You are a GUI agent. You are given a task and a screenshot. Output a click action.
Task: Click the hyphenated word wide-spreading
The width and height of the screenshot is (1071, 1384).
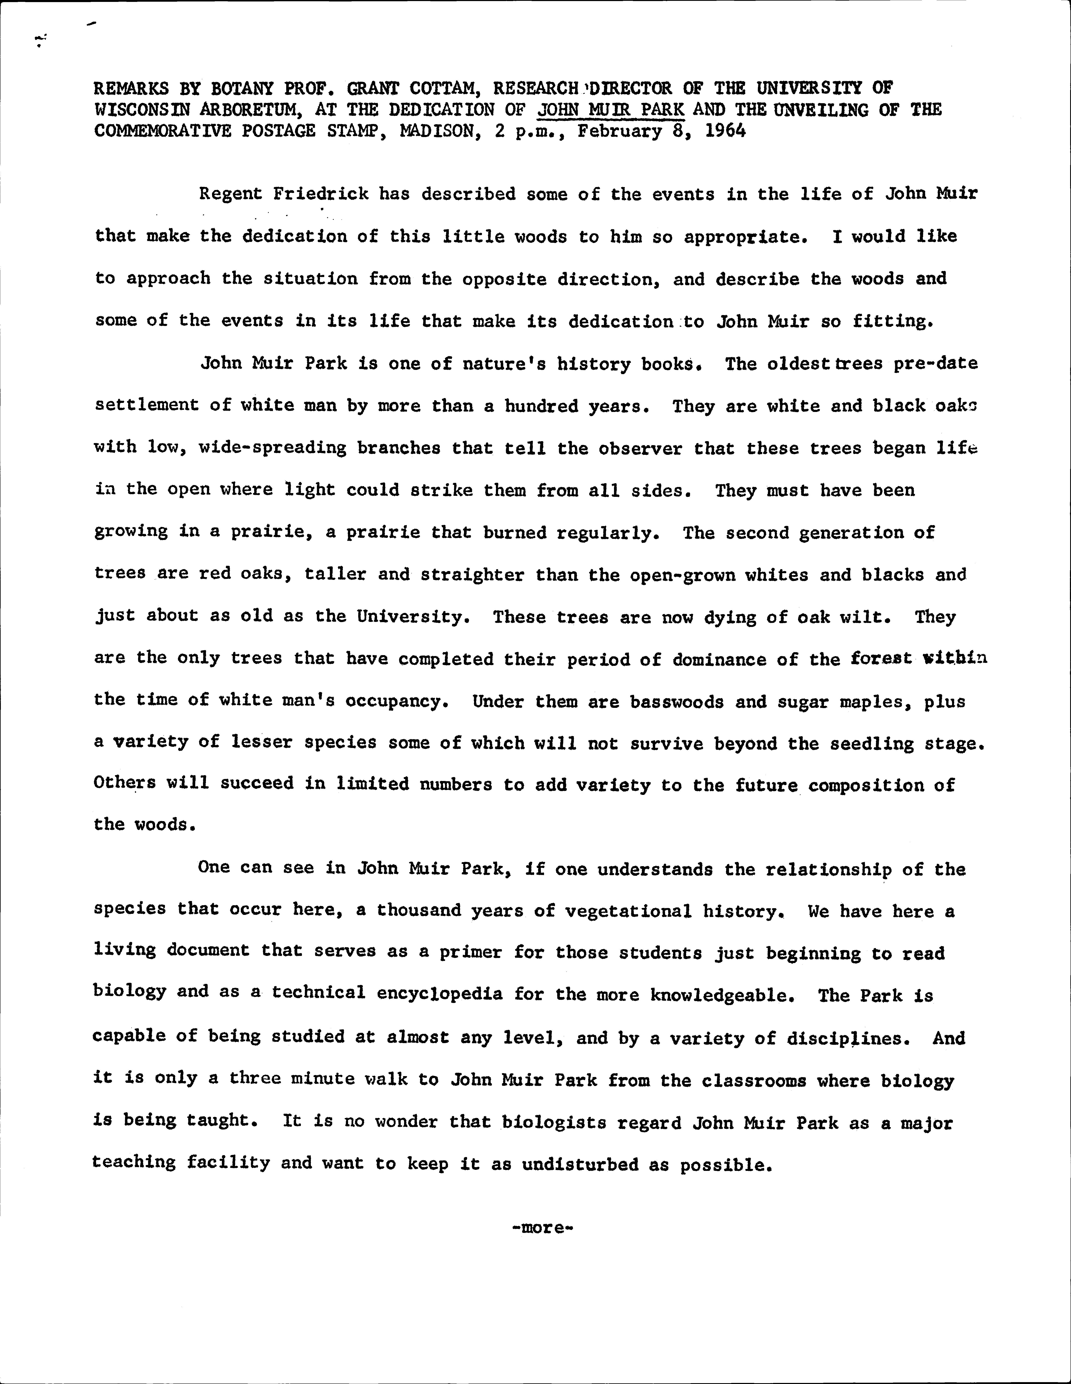click(x=273, y=448)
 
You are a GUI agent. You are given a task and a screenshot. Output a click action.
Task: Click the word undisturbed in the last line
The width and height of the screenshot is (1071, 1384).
click(x=580, y=1164)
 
